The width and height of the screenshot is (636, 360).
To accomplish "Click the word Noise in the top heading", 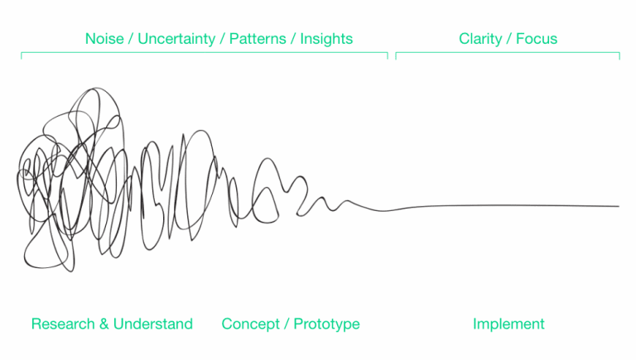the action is (104, 39).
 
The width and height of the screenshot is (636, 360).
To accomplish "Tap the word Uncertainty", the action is (176, 40).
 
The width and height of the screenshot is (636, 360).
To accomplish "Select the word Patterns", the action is (258, 39).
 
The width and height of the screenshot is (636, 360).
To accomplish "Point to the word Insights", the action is (326, 40).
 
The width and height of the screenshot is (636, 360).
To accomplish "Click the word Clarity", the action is (480, 40).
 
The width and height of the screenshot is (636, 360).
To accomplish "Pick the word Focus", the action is (537, 39).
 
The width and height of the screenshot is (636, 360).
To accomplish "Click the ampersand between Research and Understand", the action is (104, 324).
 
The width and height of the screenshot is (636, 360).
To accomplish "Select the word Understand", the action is (153, 324).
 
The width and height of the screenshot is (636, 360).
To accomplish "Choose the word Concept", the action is (250, 324).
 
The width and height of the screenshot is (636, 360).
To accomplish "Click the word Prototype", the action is (326, 324).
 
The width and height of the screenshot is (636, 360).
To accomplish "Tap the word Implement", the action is (508, 324).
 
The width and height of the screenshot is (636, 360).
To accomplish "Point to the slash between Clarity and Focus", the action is (508, 39).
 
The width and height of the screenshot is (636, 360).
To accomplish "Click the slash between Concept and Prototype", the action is (287, 324).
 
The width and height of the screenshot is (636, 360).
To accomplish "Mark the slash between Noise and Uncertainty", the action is (131, 39).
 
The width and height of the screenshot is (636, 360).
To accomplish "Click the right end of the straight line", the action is (619, 206).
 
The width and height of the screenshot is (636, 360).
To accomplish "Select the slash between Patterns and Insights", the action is (293, 39).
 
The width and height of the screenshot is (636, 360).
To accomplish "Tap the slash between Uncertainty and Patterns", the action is (222, 39).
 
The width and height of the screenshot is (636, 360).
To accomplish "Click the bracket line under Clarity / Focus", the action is (508, 52).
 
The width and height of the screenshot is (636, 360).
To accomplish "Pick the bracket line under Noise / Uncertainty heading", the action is (205, 52).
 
